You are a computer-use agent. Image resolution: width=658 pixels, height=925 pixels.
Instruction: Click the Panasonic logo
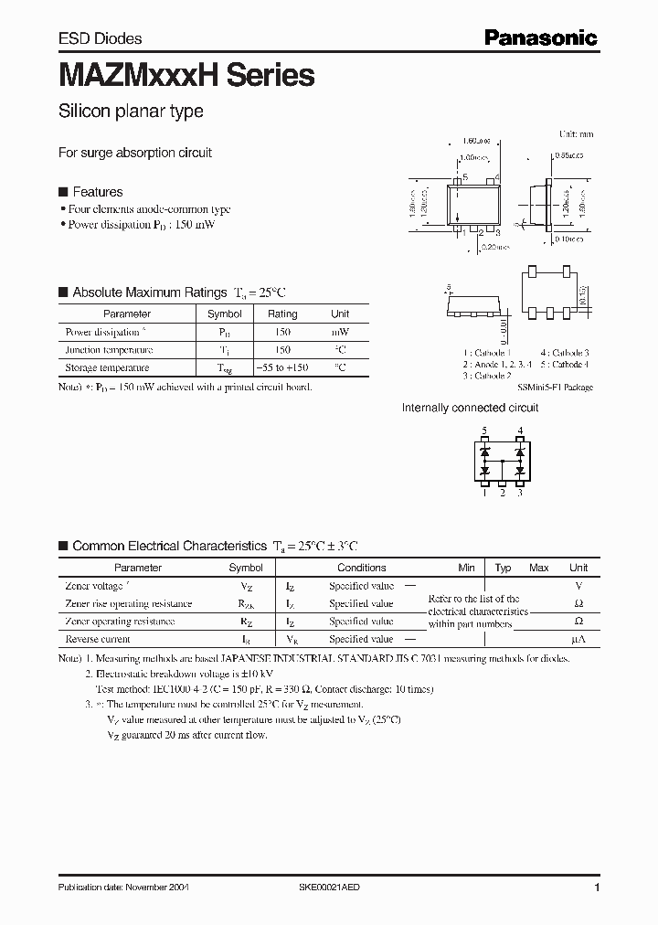click(x=540, y=37)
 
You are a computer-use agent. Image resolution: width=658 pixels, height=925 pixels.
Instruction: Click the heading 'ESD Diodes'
click(x=101, y=38)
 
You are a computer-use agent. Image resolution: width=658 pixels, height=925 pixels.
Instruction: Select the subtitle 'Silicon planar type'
click(x=131, y=112)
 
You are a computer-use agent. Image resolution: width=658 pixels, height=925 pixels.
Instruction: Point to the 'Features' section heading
click(x=97, y=192)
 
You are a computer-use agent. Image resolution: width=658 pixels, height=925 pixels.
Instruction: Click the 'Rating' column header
click(x=282, y=314)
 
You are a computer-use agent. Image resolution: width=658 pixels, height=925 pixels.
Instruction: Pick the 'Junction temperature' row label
click(x=109, y=350)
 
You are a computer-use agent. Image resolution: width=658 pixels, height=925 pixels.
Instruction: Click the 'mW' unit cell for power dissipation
click(x=340, y=332)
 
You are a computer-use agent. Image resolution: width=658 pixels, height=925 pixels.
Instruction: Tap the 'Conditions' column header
click(x=361, y=568)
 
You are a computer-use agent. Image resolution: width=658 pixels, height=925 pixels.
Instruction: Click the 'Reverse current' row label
click(x=98, y=639)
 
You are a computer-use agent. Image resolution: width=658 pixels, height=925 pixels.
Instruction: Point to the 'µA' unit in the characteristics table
click(x=578, y=639)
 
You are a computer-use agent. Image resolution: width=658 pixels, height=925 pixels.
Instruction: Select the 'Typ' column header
click(x=503, y=568)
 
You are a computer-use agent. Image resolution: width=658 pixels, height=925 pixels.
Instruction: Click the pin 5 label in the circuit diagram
click(x=484, y=430)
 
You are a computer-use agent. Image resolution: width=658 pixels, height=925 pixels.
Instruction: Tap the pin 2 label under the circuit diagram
click(x=502, y=494)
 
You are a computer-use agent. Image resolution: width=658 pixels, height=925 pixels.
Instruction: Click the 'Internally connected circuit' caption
click(x=470, y=408)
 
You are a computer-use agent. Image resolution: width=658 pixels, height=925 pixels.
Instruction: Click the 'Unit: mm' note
click(x=576, y=133)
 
